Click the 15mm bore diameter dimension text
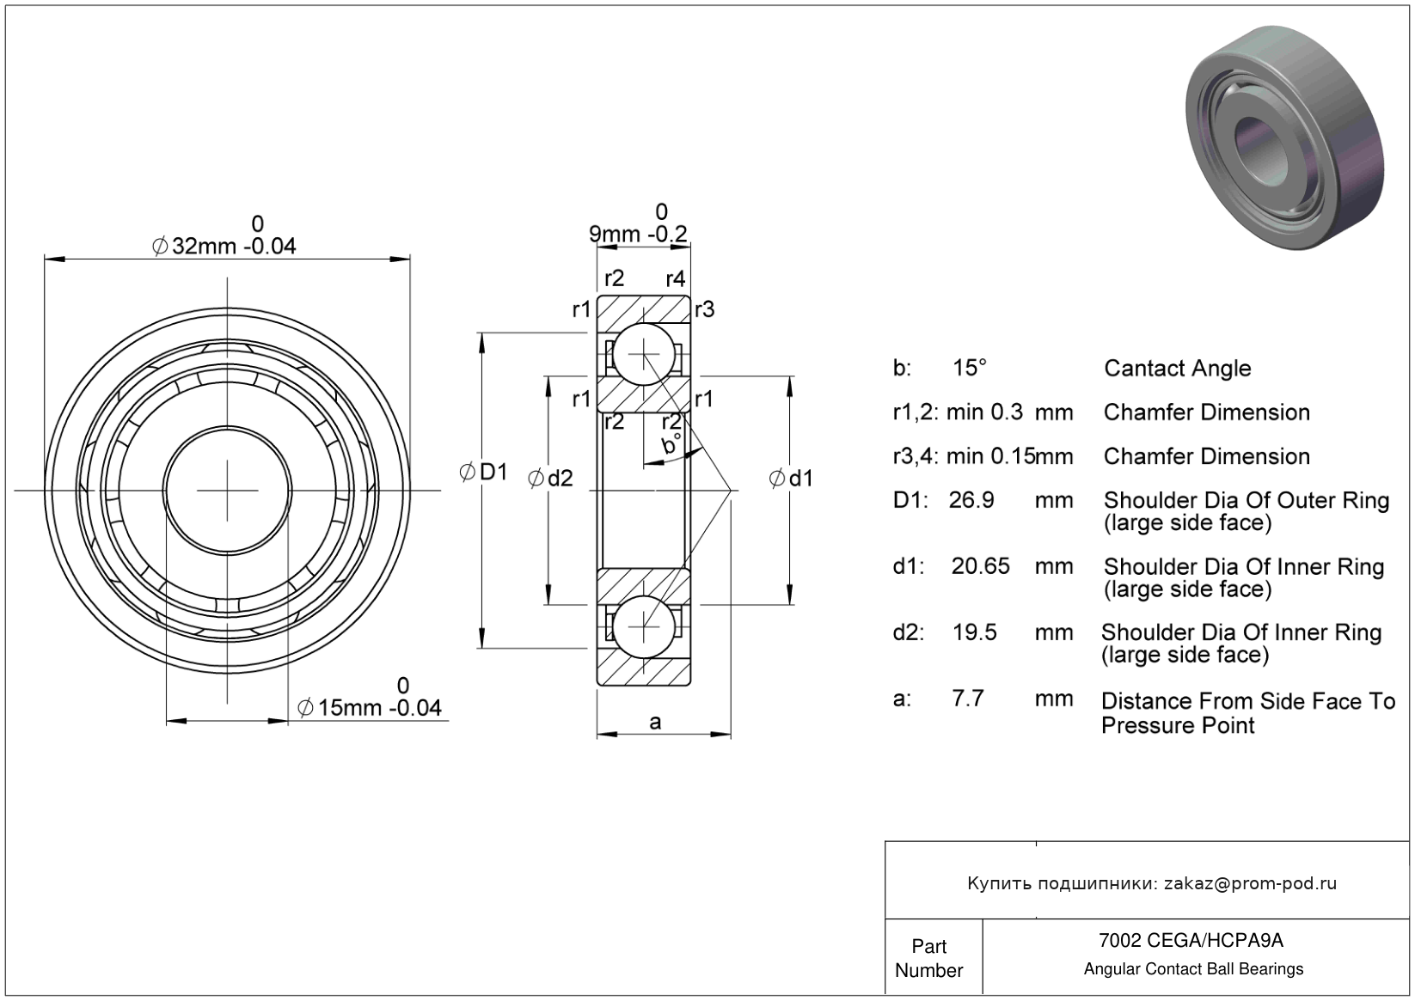(370, 707)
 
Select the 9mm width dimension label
(637, 234)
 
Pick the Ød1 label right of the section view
(791, 479)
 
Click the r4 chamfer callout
(676, 278)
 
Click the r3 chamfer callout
(705, 309)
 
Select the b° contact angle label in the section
(671, 444)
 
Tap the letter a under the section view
(655, 722)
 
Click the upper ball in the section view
(643, 355)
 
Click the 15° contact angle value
(969, 368)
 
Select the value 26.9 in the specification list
(971, 500)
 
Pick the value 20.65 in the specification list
(980, 566)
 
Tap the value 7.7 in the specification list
(968, 698)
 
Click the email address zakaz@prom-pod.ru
(1250, 883)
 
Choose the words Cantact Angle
(1177, 369)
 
